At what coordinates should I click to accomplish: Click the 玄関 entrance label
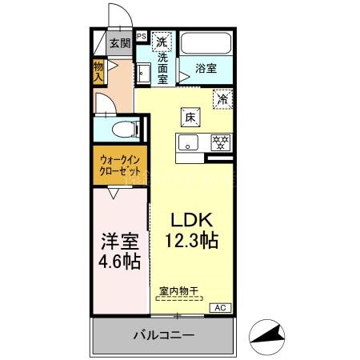118,43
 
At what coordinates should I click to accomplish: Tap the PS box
142,36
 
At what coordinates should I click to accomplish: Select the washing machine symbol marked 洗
162,41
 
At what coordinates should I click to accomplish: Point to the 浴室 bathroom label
206,68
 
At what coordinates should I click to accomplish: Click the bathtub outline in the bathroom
206,45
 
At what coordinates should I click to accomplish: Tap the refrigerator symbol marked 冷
222,100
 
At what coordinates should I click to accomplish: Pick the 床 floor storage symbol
190,117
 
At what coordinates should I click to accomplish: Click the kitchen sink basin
189,143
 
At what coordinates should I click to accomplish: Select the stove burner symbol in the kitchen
220,142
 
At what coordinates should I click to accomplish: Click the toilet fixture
121,129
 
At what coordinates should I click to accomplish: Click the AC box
218,307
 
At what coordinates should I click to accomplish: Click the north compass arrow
270,331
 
